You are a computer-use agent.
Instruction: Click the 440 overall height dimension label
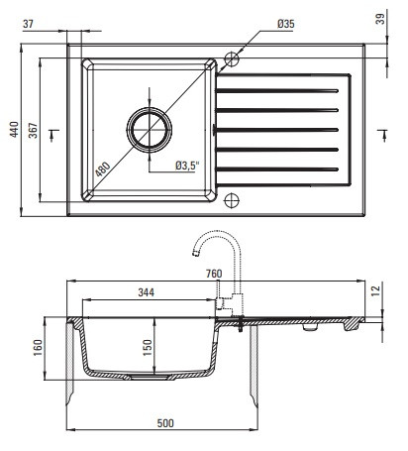(14, 130)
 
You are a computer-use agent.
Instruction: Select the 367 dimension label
(33, 131)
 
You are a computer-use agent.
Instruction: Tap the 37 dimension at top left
(28, 24)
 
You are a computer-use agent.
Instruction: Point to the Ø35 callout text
(286, 24)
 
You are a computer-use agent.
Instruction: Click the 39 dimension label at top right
(380, 19)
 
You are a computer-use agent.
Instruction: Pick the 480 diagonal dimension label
(103, 169)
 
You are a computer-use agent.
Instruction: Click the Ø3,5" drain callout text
(188, 166)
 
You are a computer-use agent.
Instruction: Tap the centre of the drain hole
(150, 130)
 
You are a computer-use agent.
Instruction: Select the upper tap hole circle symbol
(232, 59)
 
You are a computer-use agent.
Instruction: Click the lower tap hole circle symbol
(232, 200)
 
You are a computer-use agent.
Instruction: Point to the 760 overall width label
(214, 274)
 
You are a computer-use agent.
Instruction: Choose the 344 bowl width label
(147, 292)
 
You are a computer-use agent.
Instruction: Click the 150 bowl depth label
(148, 348)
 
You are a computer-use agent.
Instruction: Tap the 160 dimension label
(38, 348)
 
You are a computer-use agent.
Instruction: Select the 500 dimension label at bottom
(165, 423)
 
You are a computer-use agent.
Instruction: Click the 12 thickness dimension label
(375, 290)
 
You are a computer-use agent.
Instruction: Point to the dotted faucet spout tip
(195, 254)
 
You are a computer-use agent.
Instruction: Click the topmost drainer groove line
(277, 90)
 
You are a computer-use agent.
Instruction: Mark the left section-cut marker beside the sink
(53, 135)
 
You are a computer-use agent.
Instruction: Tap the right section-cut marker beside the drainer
(382, 135)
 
